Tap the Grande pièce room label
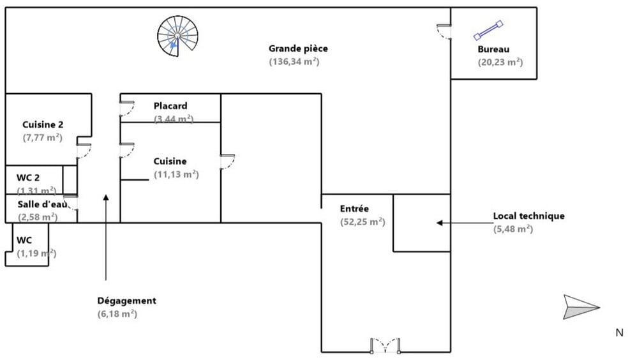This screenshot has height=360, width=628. pos(298,49)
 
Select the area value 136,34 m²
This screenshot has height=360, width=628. pos(294,62)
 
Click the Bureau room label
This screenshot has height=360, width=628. pos(493,49)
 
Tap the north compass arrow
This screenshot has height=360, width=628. pos(581,306)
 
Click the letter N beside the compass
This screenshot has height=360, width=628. pos(618,332)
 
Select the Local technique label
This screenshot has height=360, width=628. pos(528,216)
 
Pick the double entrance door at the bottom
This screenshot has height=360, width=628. pos(385,345)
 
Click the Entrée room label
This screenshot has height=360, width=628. pos(354,209)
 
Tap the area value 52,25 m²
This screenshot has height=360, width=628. pos(363,222)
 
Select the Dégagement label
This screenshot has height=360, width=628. pos(126,301)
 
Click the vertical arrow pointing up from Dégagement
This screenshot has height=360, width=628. pos(106,236)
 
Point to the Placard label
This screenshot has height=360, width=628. pos(170,106)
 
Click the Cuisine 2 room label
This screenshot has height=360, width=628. pos(43,124)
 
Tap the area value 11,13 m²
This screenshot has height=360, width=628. pos(176,174)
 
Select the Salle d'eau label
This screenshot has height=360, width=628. pos(42,204)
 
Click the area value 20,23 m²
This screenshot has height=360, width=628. pos(500,62)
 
